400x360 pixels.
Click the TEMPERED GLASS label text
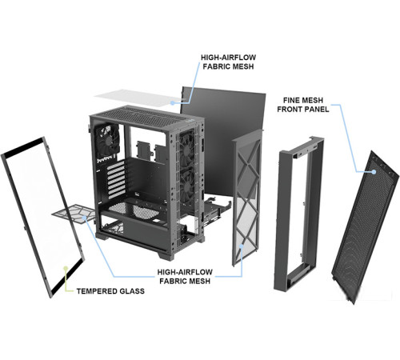pos(110,291)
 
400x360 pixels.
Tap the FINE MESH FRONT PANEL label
pos(303,105)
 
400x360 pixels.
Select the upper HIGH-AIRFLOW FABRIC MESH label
pos(228,62)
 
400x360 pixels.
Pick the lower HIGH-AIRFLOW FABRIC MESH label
pos(185,277)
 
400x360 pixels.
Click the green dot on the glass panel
pos(66,268)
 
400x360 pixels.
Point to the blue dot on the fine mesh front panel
pos(374,172)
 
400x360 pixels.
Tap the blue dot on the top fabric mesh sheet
pos(173,102)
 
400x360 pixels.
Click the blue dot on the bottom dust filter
pos(85,218)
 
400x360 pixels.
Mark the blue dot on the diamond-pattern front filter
pos(242,246)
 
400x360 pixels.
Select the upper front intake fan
pos(187,150)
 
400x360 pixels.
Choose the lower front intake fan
pos(187,188)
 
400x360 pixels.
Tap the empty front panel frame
pos(278,214)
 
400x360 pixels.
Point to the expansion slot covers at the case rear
pos(116,179)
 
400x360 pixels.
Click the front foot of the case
pos(166,254)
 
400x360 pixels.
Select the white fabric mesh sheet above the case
pos(138,98)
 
